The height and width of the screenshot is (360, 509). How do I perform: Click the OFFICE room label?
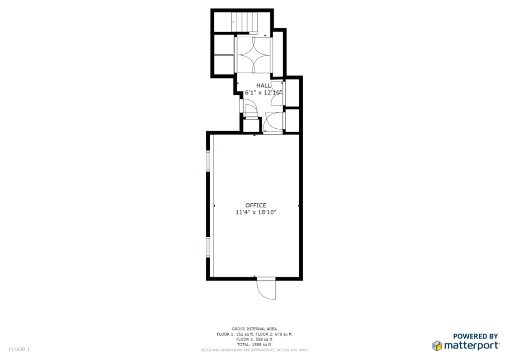(256, 205)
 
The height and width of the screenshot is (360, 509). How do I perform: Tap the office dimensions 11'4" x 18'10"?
(256, 213)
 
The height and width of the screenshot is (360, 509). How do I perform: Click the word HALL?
(263, 86)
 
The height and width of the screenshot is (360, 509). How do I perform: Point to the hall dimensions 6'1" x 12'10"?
(263, 92)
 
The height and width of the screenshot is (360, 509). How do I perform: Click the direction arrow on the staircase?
(240, 22)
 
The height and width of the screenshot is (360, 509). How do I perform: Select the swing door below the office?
(266, 288)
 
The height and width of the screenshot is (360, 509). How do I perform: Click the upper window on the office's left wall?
(208, 161)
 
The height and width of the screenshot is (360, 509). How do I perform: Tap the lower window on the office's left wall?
(208, 247)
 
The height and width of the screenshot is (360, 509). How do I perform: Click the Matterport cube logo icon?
(437, 346)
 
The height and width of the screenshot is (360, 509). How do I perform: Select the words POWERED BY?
(475, 336)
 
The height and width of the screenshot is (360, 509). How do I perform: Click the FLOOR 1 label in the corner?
(19, 350)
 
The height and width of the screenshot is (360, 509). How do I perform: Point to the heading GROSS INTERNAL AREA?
(254, 329)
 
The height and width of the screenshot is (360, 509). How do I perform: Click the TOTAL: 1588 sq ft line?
(254, 345)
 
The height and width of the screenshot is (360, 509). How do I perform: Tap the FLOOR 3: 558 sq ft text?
(254, 339)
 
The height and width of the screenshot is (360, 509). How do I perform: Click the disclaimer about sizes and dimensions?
(254, 350)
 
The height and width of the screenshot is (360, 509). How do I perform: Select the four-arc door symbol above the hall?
(253, 54)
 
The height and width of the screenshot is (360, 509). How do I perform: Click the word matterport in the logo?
(471, 346)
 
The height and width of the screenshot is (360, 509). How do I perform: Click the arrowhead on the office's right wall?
(298, 206)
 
